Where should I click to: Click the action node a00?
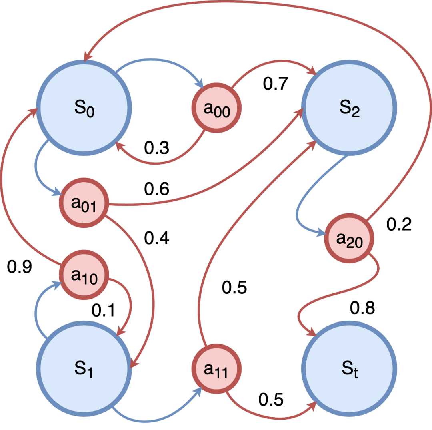(x=217, y=108)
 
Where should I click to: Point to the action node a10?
(x=84, y=275)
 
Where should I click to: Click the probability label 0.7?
(x=276, y=84)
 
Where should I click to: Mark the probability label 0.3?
(x=156, y=148)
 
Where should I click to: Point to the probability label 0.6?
(x=156, y=189)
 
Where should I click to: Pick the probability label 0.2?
(x=399, y=225)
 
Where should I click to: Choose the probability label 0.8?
(x=362, y=308)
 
